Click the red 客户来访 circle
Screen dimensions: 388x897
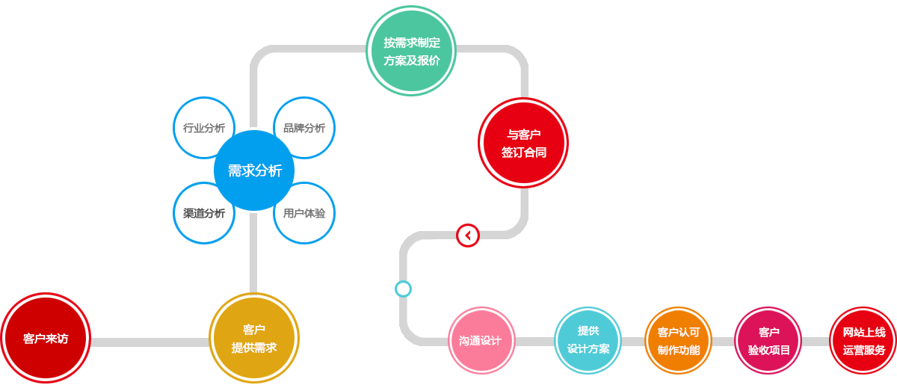(x=45, y=338)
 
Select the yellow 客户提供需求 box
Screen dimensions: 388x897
(x=254, y=338)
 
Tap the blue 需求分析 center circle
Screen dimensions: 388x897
(x=254, y=170)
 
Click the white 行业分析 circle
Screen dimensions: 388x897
(x=204, y=128)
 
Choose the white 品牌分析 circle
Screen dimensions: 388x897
(x=304, y=128)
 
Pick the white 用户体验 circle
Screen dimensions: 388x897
(x=304, y=213)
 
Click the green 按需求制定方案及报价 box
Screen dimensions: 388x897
(x=412, y=51)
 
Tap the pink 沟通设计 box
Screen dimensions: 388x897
(x=483, y=341)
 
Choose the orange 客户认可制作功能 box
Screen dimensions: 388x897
(x=678, y=341)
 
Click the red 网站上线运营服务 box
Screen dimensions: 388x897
(x=865, y=341)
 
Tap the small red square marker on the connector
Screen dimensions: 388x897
(x=468, y=235)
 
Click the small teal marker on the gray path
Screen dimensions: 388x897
(x=403, y=289)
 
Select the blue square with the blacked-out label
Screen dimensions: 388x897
(x=203, y=213)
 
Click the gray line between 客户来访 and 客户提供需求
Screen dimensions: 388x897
(x=149, y=342)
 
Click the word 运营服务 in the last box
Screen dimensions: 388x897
(x=864, y=350)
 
